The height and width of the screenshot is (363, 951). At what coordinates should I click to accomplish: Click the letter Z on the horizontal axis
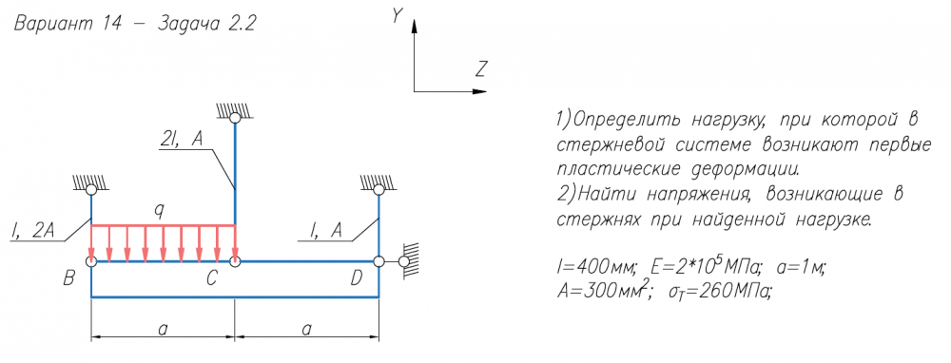coord(481,70)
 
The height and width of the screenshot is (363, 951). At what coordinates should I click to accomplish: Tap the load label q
coord(159,211)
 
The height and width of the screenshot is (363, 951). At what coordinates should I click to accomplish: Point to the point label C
coord(212,278)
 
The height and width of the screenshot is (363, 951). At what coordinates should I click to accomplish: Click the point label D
coord(358,278)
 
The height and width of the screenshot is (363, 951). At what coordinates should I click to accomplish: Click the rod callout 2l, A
coord(181,140)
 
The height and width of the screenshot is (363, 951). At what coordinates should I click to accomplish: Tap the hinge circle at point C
coord(235,261)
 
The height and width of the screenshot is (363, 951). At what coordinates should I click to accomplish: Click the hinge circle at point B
coord(91,261)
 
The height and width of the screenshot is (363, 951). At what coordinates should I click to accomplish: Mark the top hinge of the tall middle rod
coord(235,118)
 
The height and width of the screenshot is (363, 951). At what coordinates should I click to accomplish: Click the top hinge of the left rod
coord(91,190)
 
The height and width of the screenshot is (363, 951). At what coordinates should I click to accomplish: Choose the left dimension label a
coord(163,329)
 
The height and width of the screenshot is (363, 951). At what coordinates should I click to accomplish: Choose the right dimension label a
coord(306,329)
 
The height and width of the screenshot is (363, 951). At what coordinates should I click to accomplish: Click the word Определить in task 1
coord(627,121)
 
